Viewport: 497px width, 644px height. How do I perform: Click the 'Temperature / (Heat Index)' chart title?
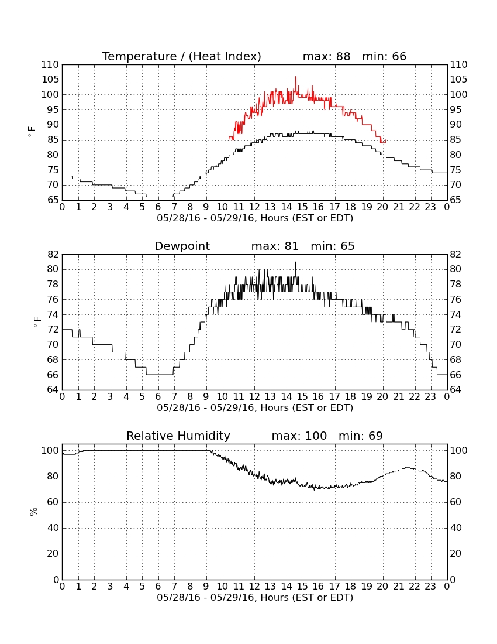[182, 57]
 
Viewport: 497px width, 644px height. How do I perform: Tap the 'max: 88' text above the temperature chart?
[326, 56]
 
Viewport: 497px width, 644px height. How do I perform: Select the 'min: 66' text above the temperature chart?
[384, 56]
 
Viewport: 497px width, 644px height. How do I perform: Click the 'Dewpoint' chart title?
[182, 246]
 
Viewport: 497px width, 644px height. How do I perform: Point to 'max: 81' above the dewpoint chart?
[275, 246]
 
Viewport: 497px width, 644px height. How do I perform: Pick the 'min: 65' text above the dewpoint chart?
[333, 246]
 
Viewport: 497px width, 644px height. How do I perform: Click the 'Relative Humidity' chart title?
[178, 436]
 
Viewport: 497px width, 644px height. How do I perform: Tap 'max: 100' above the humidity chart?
[299, 436]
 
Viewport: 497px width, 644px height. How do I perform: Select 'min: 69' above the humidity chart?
[360, 436]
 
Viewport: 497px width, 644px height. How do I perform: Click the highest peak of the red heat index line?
[296, 77]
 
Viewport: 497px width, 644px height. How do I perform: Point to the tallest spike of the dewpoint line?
[295, 262]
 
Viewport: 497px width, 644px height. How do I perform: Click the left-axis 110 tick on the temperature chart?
[50, 65]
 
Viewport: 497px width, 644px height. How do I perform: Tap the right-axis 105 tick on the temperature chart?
[458, 80]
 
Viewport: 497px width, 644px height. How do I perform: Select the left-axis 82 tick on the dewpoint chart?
[53, 255]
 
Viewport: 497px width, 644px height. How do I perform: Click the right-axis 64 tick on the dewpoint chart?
[455, 390]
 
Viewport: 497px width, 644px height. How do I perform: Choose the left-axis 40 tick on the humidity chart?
[53, 528]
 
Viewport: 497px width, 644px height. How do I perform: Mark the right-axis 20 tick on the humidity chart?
[455, 554]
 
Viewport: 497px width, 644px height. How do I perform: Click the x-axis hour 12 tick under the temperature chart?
[254, 207]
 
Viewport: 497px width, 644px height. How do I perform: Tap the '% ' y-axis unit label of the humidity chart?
[34, 512]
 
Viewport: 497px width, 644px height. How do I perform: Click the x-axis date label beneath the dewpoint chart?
[255, 408]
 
